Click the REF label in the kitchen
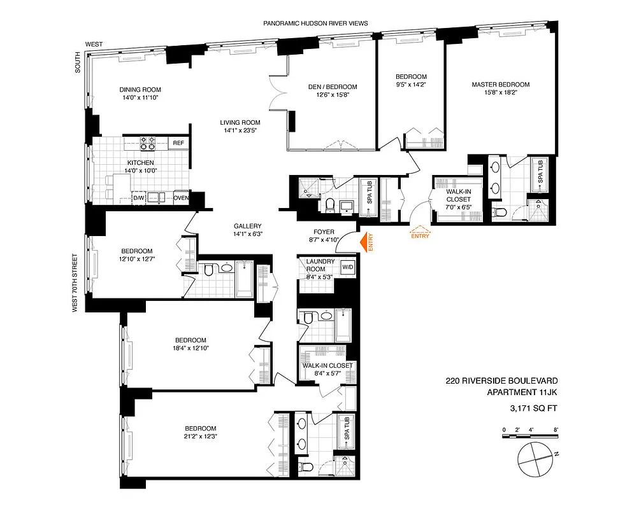coord(178,143)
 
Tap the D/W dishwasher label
coord(138,198)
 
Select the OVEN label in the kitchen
coord(181,198)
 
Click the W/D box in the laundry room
coord(348,267)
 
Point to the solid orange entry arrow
coord(365,242)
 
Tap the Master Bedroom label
coord(500,85)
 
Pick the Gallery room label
coord(247,226)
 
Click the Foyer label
coord(324,232)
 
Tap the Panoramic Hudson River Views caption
coord(316,24)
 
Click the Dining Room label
coord(140,89)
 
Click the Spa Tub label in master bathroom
coord(540,172)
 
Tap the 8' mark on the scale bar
coord(556,430)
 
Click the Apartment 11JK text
coord(517,393)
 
